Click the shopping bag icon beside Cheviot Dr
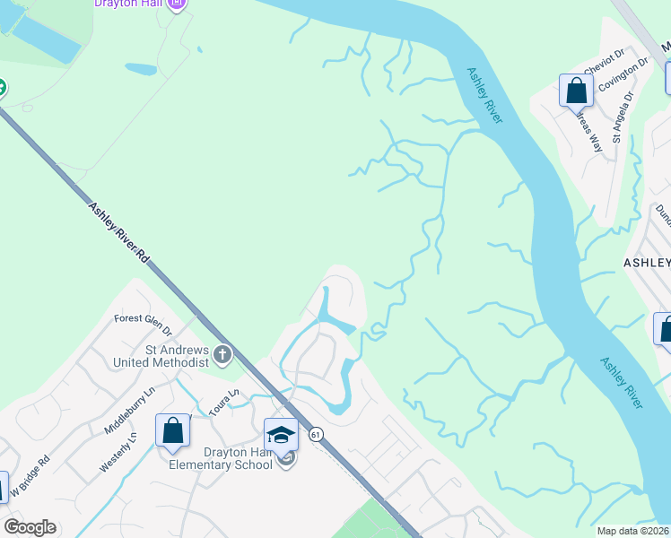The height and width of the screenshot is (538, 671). [x=575, y=91]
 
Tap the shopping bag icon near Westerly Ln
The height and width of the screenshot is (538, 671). [x=172, y=430]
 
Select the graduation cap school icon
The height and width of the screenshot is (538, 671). [x=282, y=434]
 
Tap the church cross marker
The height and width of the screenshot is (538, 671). [x=222, y=356]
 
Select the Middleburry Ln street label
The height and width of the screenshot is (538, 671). [x=130, y=407]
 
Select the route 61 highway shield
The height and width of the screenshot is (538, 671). [x=315, y=434]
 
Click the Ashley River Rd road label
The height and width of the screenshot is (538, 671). [x=118, y=231]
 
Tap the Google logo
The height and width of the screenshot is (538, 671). [x=30, y=527]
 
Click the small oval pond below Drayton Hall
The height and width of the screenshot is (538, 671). [x=142, y=69]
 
